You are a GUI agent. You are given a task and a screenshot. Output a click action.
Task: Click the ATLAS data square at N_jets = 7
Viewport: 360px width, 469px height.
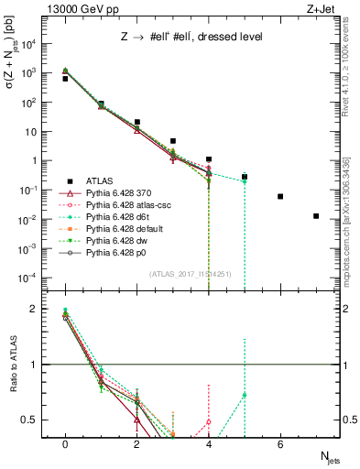(316, 216)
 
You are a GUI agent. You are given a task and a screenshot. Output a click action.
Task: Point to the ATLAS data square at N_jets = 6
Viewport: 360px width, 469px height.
(280, 196)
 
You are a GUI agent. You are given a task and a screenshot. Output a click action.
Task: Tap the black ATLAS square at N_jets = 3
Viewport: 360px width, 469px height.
(173, 141)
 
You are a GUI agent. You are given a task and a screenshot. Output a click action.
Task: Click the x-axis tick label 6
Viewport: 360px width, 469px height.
(280, 444)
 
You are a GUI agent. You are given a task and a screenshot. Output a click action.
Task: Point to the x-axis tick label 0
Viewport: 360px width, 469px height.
(65, 444)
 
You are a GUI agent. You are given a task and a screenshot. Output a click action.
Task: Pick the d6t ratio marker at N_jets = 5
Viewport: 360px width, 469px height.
(245, 395)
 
